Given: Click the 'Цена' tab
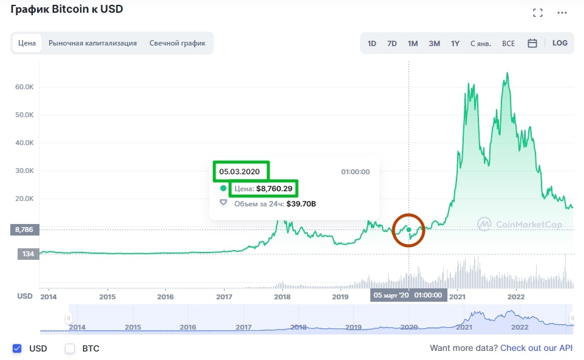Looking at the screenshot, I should [27, 43].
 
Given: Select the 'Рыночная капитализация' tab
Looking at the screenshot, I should [92, 43].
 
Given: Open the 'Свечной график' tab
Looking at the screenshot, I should [177, 43].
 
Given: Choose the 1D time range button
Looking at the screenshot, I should [372, 44].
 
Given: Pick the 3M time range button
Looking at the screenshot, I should [434, 44].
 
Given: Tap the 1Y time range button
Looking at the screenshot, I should [455, 44].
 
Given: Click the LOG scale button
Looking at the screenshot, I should [560, 43].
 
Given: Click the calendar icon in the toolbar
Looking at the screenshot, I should [532, 44].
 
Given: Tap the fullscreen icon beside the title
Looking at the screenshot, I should [537, 13].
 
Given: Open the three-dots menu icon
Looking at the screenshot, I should [563, 13].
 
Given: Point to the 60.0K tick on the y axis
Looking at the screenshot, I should [24, 87].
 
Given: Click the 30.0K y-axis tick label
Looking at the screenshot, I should [24, 171].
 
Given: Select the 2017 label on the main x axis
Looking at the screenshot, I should [225, 297].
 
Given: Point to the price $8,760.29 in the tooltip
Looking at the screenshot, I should [274, 189].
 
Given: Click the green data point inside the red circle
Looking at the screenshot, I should [409, 229].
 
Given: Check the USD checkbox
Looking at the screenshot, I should [17, 348].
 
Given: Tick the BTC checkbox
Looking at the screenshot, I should [70, 348].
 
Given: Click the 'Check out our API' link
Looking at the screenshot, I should [536, 348].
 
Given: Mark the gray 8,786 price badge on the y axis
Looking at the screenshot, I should [25, 230].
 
